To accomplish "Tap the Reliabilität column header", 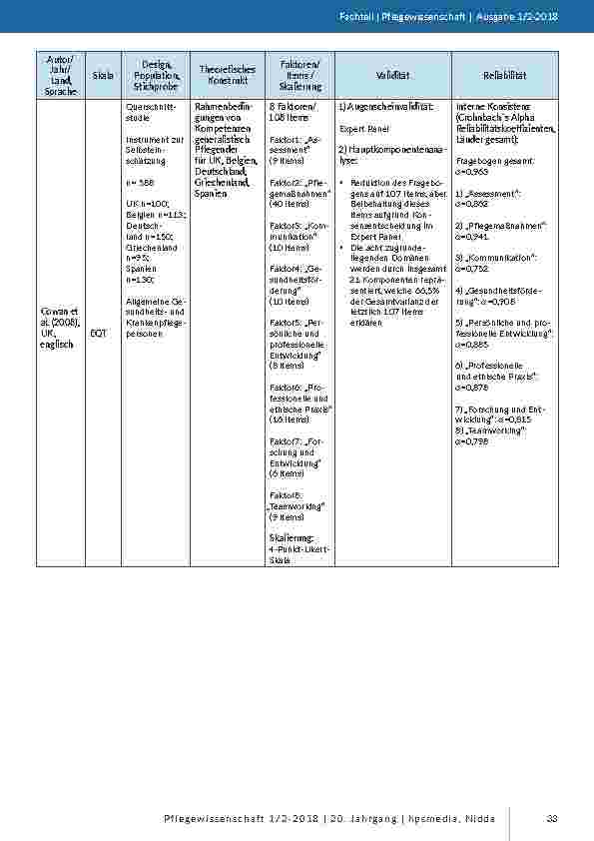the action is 505,75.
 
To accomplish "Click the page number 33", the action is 551,819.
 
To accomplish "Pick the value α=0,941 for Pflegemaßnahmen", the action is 472,237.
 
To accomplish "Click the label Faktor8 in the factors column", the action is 286,495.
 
